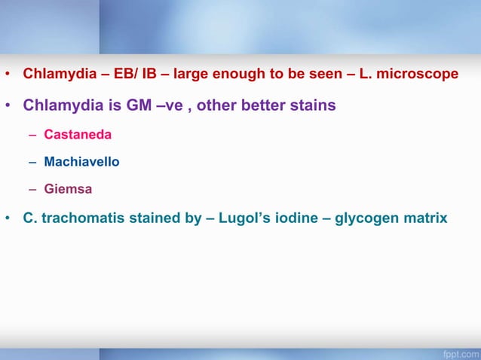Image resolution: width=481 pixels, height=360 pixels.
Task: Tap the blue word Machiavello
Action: pyautogui.click(x=81, y=162)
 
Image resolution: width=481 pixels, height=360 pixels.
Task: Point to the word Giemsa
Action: pyautogui.click(x=68, y=189)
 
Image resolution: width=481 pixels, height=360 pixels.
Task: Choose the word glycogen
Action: pyautogui.click(x=368, y=219)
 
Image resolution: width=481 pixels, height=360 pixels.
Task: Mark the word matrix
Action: pyautogui.click(x=426, y=219)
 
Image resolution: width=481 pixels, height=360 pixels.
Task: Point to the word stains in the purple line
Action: pyautogui.click(x=313, y=105)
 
